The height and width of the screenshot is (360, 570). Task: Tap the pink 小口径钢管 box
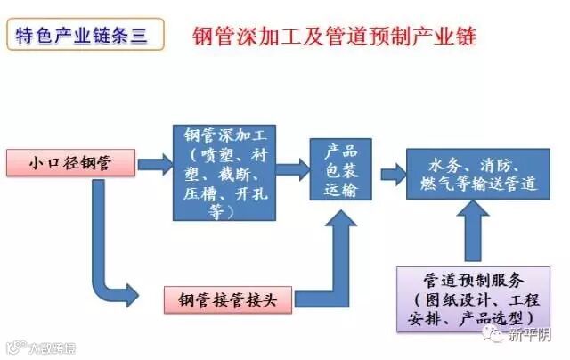click(x=69, y=163)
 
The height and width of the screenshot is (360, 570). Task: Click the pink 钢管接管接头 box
click(x=230, y=299)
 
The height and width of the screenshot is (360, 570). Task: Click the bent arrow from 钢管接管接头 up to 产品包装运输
click(x=334, y=267)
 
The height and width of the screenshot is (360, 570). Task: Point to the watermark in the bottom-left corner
click(x=40, y=344)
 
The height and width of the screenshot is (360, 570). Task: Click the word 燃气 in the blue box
click(x=435, y=184)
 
